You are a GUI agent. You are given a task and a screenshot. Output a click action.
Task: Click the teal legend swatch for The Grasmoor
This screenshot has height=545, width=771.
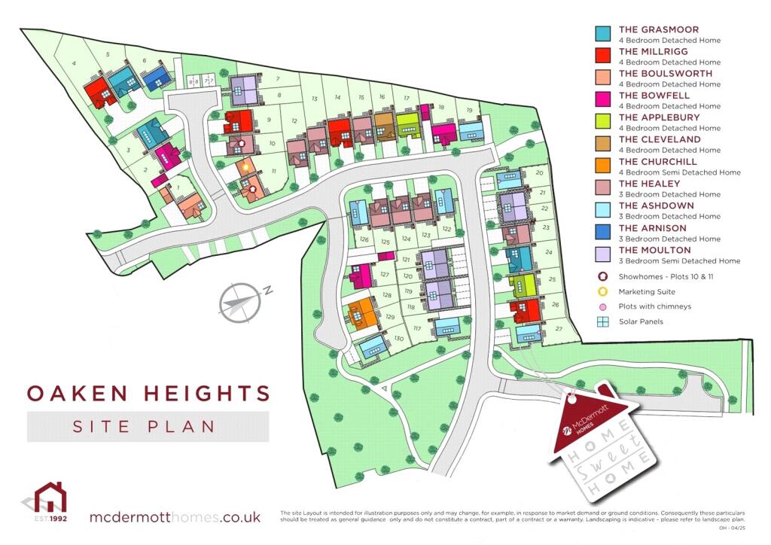pos(602,34)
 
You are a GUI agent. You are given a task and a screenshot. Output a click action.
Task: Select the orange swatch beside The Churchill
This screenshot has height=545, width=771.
pos(602,166)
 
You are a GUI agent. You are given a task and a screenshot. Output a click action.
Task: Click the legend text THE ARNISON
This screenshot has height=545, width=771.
pos(652,228)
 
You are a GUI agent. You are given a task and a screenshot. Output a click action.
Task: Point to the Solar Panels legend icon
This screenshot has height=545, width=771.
pos(602,322)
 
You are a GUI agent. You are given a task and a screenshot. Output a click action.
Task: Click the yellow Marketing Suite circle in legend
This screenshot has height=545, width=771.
pos(602,291)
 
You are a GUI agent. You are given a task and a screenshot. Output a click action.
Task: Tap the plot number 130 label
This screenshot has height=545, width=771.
pos(399,339)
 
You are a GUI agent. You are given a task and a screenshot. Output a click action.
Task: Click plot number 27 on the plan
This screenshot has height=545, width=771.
pos(558,329)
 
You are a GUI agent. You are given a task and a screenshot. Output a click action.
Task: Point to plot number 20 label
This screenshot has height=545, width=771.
pos(539,173)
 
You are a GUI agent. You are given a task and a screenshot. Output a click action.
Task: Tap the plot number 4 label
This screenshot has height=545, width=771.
pos(74,64)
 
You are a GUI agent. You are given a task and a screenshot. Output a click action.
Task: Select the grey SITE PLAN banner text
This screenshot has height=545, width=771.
pos(143,426)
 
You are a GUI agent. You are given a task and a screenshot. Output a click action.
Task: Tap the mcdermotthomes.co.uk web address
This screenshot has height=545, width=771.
pos(175,517)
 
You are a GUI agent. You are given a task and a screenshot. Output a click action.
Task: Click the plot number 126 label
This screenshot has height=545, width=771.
pos(364,240)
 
